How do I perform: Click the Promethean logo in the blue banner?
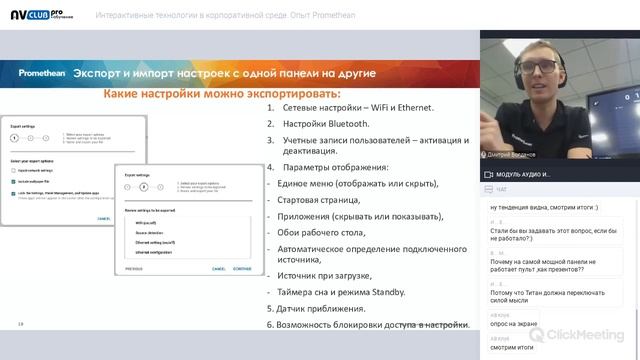pyautogui.click(x=45, y=73)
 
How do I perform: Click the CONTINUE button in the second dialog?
pyautogui.click(x=240, y=269)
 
